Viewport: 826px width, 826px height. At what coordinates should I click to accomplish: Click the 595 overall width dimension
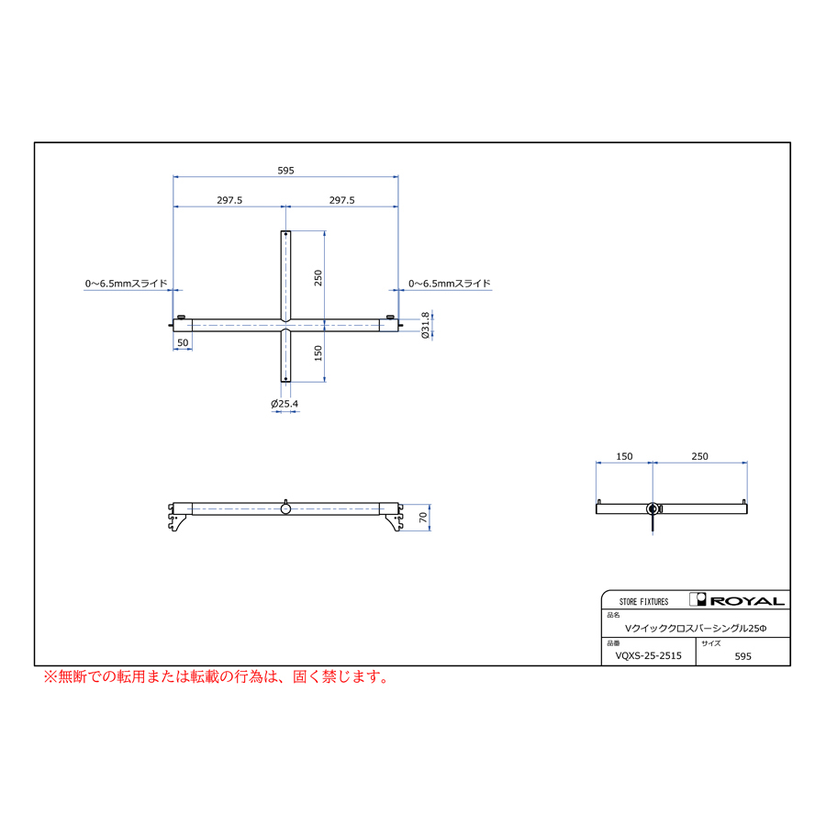[285, 171]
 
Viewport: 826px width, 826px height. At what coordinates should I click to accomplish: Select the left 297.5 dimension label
[229, 200]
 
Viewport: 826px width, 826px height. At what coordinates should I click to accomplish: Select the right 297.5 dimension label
[342, 200]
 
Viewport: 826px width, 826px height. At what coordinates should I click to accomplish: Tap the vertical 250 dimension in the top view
[318, 277]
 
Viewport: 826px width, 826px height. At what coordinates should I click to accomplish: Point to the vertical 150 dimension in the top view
[318, 353]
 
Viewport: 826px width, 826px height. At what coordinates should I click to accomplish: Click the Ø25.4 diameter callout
[285, 404]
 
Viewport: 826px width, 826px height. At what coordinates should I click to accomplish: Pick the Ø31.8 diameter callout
[426, 325]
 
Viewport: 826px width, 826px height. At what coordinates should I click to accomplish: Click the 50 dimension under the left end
[183, 342]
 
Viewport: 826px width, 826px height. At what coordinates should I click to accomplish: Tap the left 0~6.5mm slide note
[127, 284]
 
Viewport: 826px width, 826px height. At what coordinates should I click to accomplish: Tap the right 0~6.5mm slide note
[450, 284]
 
